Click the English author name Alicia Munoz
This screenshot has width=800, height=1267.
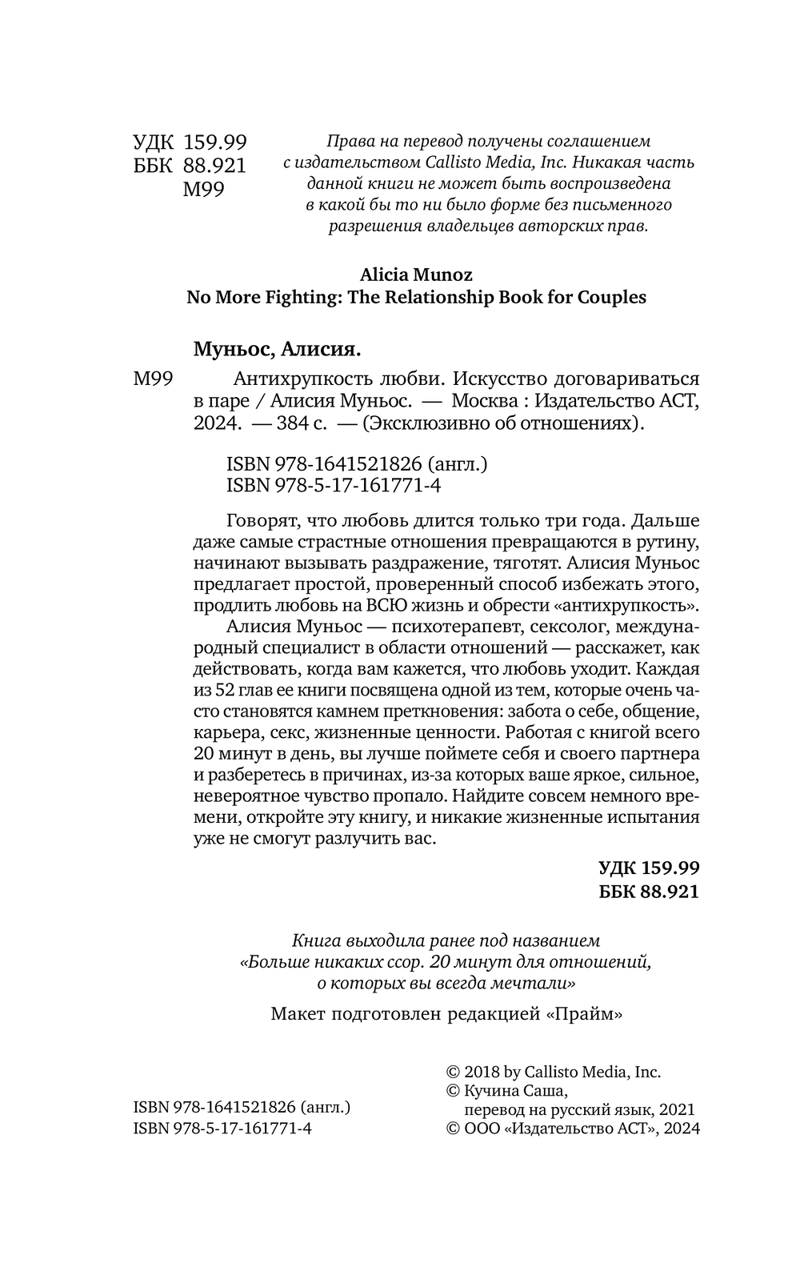point(416,275)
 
